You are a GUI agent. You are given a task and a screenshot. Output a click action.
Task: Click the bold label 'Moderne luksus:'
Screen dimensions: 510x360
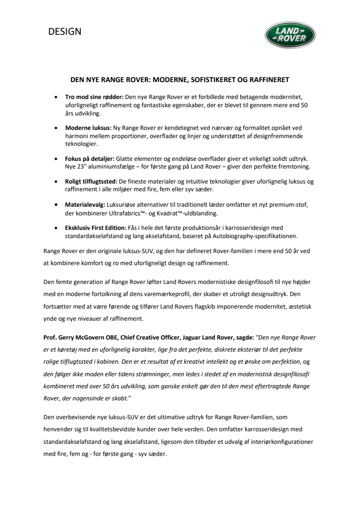[x=88, y=128]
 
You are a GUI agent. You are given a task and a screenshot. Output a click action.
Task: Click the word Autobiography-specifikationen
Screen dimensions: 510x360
[x=247, y=236]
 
